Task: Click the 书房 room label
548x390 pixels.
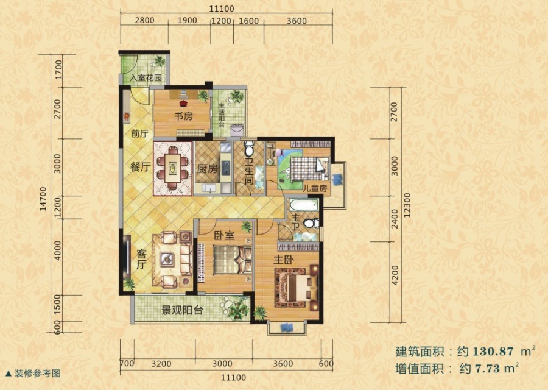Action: tap(184, 116)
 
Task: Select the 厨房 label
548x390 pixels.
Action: tap(208, 169)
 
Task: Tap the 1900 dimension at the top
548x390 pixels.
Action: tap(187, 21)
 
